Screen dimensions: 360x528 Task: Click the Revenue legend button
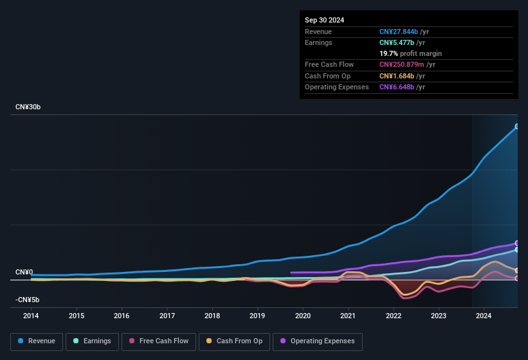[37, 341]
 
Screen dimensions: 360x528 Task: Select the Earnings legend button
[91, 341]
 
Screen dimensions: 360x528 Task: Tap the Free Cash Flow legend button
[159, 341]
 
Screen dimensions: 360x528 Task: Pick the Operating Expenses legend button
[318, 341]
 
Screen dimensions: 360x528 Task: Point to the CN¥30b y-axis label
[28, 107]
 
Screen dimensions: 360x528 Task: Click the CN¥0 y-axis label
[24, 273]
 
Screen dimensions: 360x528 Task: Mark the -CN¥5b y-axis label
[28, 300]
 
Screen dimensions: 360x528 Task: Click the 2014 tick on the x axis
[31, 316]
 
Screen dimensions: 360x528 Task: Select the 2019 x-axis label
[257, 316]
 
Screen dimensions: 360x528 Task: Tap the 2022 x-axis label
[394, 316]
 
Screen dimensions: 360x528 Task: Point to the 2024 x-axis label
[484, 316]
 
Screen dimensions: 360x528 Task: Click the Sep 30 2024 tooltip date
[324, 20]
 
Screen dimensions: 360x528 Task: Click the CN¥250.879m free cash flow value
[407, 64]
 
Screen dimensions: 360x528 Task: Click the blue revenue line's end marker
[517, 127]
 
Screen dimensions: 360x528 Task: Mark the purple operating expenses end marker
[517, 243]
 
